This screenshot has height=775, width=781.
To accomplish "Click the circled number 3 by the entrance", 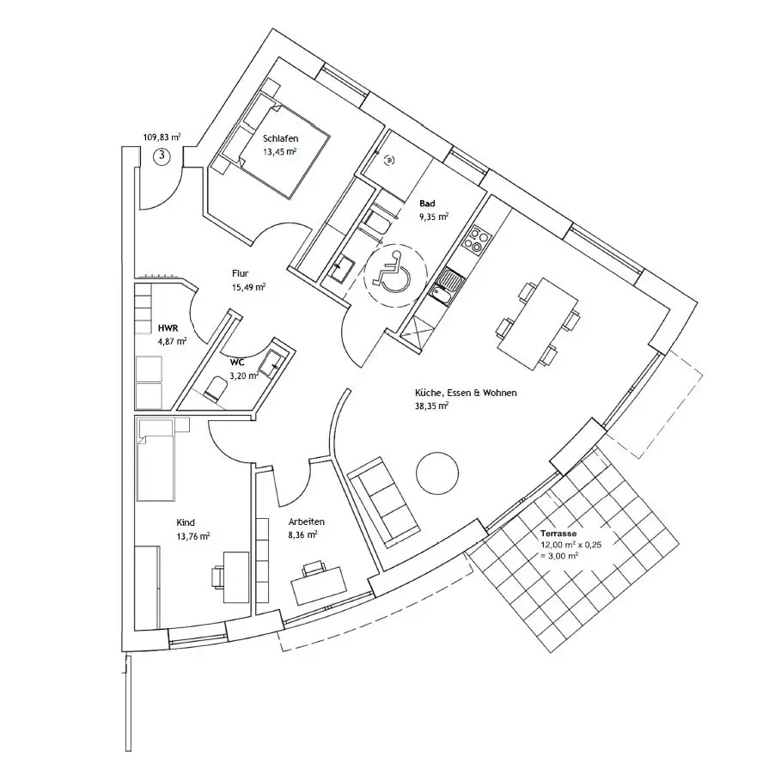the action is (x=162, y=156).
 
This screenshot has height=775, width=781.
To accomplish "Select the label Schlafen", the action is (x=280, y=138).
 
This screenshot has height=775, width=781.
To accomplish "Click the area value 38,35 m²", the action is (x=431, y=406).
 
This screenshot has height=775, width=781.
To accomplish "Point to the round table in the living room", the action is (x=436, y=473).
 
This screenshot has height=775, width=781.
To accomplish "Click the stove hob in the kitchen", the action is (x=476, y=240).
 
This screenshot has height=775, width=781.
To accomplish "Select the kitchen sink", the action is (x=448, y=287).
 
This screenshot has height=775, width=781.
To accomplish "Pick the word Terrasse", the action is (x=558, y=533).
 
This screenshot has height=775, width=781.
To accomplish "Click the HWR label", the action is (x=168, y=328).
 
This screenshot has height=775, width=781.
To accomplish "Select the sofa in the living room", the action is (x=383, y=499).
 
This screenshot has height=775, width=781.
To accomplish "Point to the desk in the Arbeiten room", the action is (x=320, y=585).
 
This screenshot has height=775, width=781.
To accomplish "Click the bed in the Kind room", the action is (x=156, y=460).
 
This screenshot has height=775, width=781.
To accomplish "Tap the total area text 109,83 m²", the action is (x=162, y=137).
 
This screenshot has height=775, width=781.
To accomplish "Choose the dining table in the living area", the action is (x=538, y=324).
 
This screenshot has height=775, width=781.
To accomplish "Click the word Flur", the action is (x=240, y=273).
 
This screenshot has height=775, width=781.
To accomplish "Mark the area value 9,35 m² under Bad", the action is (x=434, y=217).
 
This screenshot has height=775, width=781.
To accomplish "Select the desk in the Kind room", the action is (x=235, y=577).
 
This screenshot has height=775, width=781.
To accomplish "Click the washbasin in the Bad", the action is (x=342, y=270).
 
